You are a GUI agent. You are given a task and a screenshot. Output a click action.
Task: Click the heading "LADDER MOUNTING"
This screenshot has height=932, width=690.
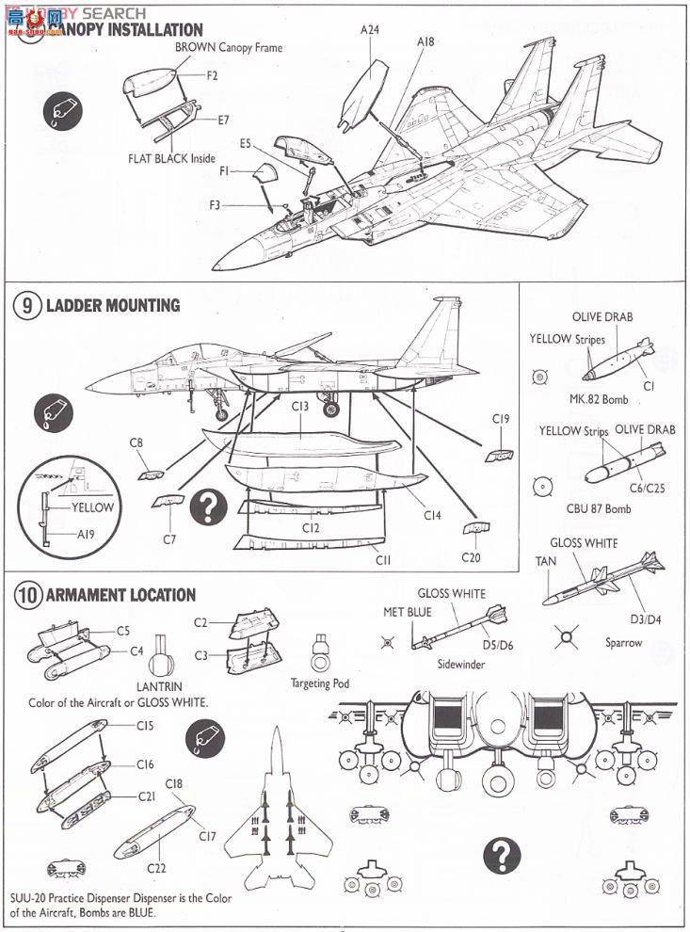(x=113, y=306)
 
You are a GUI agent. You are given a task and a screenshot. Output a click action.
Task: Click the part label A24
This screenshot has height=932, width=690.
(x=370, y=30)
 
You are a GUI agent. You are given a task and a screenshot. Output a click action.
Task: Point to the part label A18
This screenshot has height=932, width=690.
(x=425, y=42)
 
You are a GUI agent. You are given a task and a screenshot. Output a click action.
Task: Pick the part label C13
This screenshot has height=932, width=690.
(x=300, y=407)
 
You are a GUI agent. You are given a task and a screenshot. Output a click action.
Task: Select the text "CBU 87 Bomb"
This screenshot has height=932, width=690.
(x=599, y=508)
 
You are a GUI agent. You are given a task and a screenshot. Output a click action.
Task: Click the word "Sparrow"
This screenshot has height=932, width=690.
(x=624, y=643)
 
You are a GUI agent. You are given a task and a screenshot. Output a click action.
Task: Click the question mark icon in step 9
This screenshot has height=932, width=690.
(x=207, y=508)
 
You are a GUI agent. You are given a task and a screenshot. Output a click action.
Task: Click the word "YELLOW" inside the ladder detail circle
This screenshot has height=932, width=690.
(x=92, y=507)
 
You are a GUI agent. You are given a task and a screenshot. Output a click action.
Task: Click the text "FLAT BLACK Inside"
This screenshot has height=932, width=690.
(x=171, y=159)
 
